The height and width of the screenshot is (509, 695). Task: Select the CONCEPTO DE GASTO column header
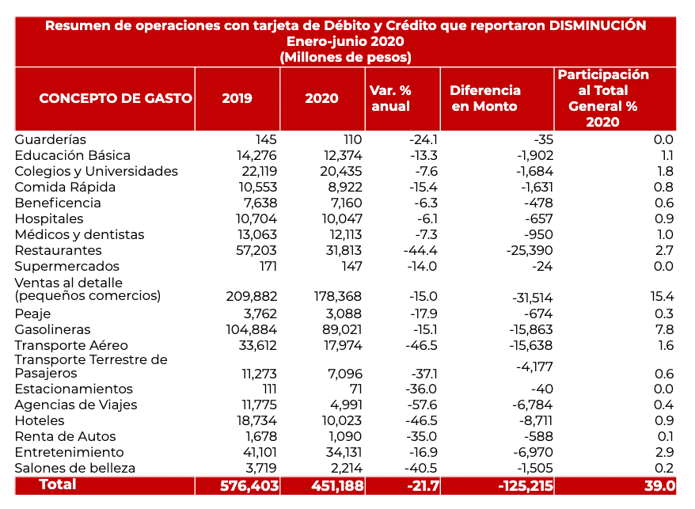click(x=116, y=98)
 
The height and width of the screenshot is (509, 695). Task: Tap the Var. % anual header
click(x=390, y=98)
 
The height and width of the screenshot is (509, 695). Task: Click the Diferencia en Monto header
click(x=485, y=98)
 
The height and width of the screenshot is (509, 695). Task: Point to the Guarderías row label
click(x=51, y=139)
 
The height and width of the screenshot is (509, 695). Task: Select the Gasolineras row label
click(x=52, y=329)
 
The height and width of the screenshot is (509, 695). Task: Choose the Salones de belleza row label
click(x=74, y=468)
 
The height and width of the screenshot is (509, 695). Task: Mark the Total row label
click(x=58, y=484)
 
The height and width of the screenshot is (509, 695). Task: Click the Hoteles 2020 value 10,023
click(x=340, y=420)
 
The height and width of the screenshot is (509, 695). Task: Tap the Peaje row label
click(x=32, y=313)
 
